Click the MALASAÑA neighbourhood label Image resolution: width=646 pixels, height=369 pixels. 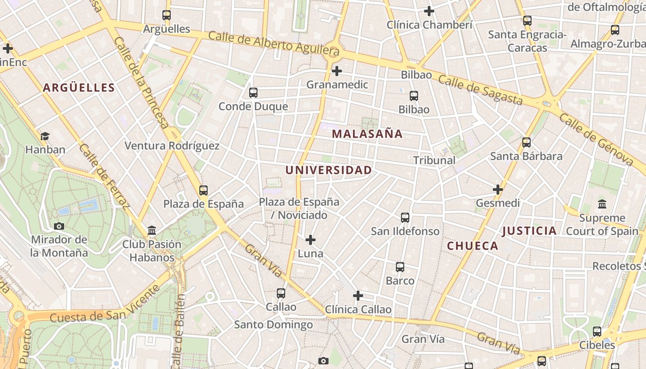coord(367,134)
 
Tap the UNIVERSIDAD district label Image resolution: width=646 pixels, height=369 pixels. coord(328,170)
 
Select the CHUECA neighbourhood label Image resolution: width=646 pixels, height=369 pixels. coord(473,246)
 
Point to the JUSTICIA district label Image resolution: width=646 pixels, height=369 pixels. coord(529,231)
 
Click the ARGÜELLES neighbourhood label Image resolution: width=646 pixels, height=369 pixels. coord(79,88)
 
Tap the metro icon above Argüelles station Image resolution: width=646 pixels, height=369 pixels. coord(167,15)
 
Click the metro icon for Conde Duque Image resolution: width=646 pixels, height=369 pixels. coord(253,93)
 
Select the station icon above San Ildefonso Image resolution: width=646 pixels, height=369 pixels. coord(405,217)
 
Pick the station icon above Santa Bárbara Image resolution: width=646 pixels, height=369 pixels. coord(526,143)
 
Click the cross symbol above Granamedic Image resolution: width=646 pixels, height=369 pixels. coord(337,71)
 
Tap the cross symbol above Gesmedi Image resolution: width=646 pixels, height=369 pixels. coord(497,190)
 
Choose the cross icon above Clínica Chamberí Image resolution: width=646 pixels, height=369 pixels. coord(429,11)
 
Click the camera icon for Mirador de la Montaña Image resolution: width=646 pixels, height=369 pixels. coord(59,226)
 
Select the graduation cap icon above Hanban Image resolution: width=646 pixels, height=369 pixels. coord(45,136)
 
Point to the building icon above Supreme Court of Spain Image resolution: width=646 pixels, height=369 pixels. coord(602,204)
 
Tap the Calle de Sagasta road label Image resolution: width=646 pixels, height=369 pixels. coord(480,90)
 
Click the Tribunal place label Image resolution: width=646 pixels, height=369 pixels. coord(434,161)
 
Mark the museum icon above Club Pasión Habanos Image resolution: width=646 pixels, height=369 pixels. coord(152,230)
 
